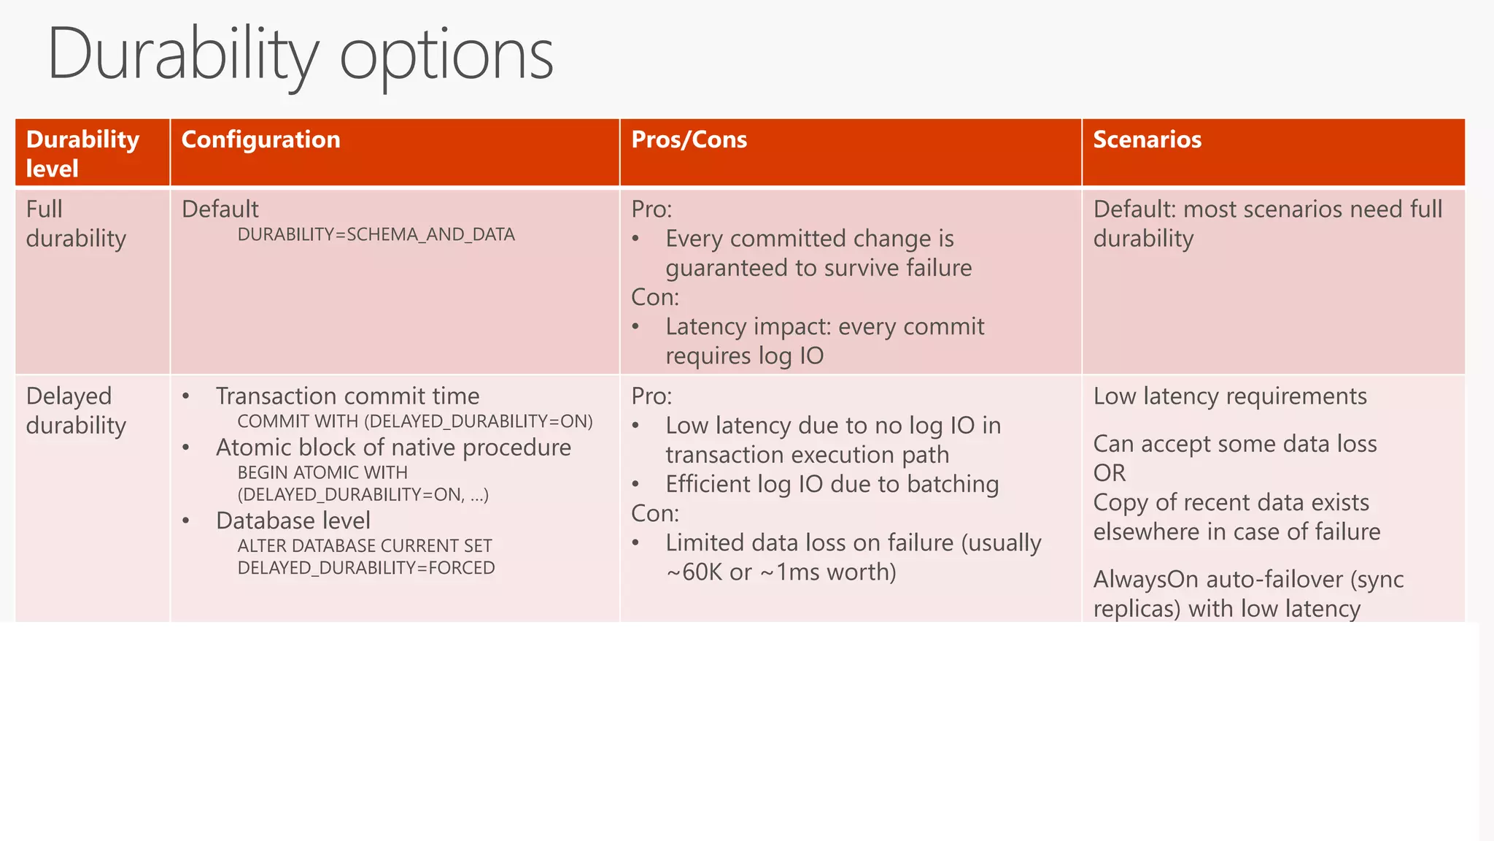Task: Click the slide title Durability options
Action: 300,55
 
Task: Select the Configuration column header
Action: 260,139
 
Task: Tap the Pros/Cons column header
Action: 689,139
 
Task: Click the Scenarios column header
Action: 1147,139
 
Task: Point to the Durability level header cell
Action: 82,153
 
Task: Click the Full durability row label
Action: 75,224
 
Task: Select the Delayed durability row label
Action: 75,411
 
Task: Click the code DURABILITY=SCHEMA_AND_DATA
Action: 376,235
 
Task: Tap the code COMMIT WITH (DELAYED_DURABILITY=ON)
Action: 414,422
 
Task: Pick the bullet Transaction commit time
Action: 347,396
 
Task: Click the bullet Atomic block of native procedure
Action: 393,448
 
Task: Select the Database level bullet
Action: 293,521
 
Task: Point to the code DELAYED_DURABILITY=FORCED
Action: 365,568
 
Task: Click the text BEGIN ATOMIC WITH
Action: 322,473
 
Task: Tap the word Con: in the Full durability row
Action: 654,297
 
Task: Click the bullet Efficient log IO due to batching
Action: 832,484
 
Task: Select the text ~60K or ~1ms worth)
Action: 781,572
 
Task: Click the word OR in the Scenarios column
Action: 1109,473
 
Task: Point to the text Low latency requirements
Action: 1229,396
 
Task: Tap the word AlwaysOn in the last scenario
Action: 1145,580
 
